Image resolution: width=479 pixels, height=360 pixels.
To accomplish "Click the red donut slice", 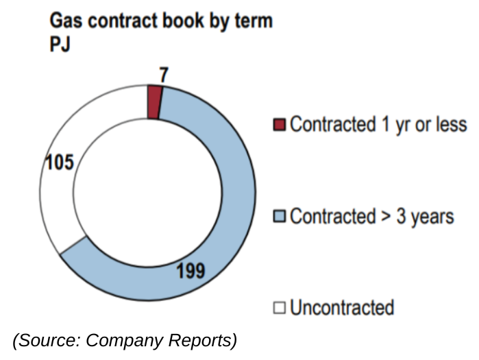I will click(155, 102).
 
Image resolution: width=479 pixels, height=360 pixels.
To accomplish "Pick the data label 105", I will click(60, 163).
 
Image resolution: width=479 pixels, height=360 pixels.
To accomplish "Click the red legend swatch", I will click(279, 125).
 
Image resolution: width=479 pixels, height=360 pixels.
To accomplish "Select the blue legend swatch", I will click(279, 217).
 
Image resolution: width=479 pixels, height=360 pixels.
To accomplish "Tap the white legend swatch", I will click(279, 307).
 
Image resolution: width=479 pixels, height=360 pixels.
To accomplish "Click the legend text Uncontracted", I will click(342, 307).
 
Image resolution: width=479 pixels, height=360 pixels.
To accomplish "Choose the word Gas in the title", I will click(64, 21).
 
